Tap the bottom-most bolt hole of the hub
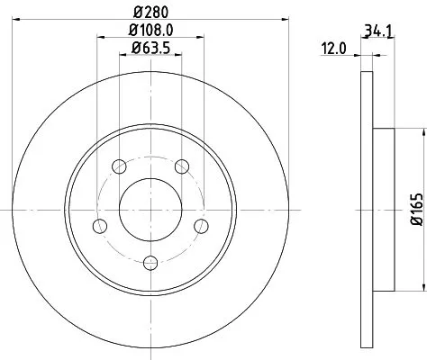pos(150,263)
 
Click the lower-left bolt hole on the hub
pos(101,225)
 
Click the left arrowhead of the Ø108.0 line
pos(98,36)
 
